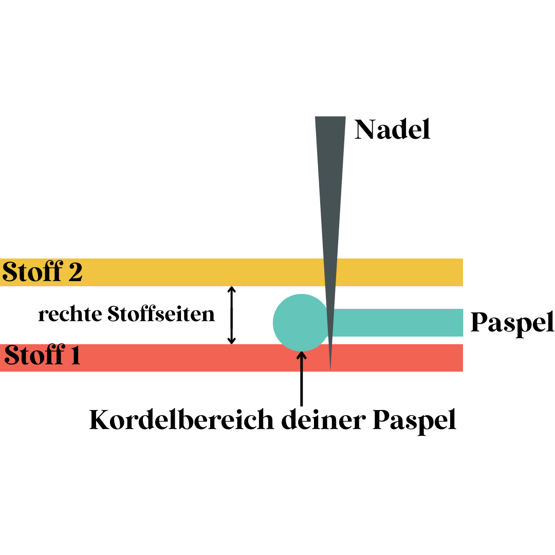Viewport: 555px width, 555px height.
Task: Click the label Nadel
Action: [x=393, y=129]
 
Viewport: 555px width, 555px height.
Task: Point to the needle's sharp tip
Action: [x=330, y=368]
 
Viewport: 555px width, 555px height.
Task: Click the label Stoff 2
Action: [x=42, y=272]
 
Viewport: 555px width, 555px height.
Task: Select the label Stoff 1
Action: [x=43, y=356]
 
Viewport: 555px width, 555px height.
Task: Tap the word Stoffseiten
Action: [x=161, y=314]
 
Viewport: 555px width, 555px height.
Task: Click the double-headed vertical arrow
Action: [x=232, y=314]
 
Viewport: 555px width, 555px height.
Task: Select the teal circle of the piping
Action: [x=301, y=323]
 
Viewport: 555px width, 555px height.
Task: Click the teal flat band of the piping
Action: [x=398, y=323]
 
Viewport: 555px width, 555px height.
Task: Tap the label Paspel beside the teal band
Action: [x=512, y=323]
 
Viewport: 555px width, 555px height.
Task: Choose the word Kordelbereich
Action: [x=181, y=420]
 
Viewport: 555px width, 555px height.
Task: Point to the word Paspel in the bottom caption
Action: [x=414, y=421]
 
